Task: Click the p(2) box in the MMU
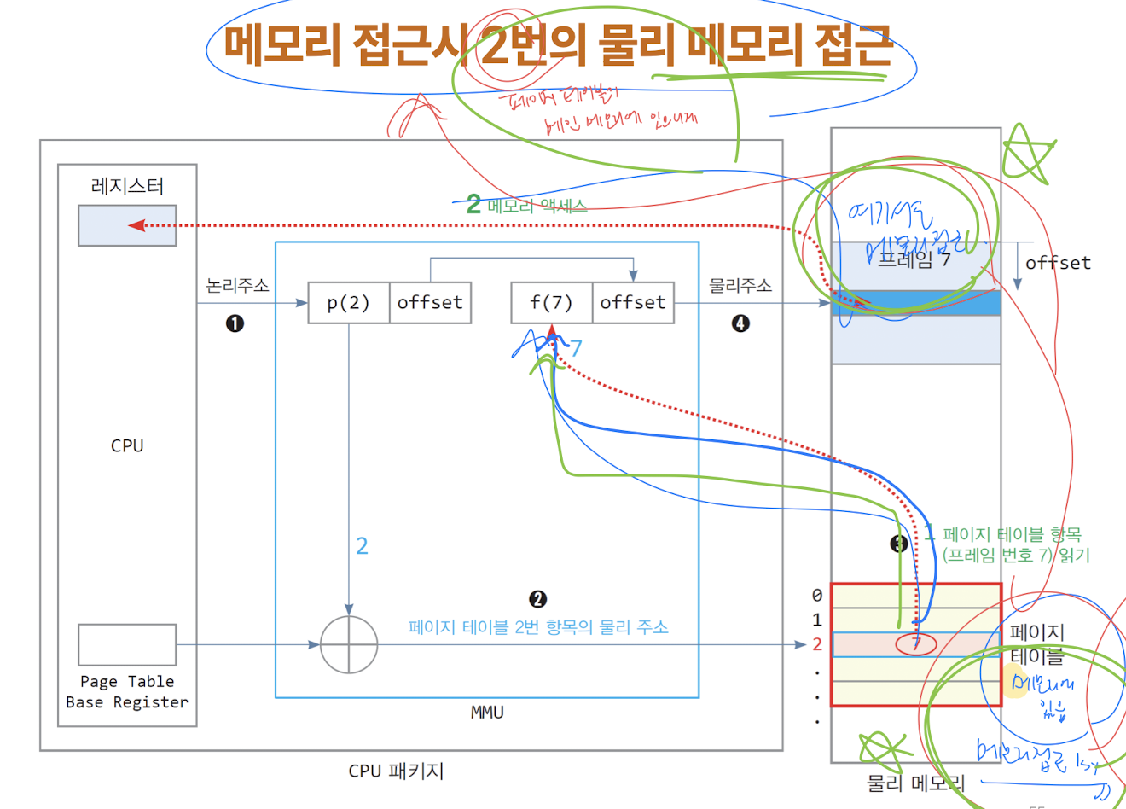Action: tap(348, 303)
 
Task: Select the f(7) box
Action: tap(551, 303)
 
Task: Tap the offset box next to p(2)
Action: tap(430, 303)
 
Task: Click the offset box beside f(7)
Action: tap(633, 303)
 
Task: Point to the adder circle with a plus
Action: tap(349, 645)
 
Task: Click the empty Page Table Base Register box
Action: tap(127, 644)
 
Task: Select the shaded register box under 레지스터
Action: tap(127, 225)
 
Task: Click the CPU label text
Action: tap(127, 445)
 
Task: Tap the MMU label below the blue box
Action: tap(487, 713)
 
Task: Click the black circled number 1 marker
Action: tap(235, 323)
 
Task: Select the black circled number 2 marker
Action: tap(537, 599)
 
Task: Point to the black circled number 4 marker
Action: tap(740, 323)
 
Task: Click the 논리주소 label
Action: tap(237, 286)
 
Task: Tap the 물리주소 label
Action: tap(740, 286)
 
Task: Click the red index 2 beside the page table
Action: tap(817, 644)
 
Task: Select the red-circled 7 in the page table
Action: tap(916, 644)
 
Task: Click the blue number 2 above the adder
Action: tap(362, 546)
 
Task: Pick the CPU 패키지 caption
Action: tap(396, 771)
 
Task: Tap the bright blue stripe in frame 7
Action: tap(916, 303)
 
